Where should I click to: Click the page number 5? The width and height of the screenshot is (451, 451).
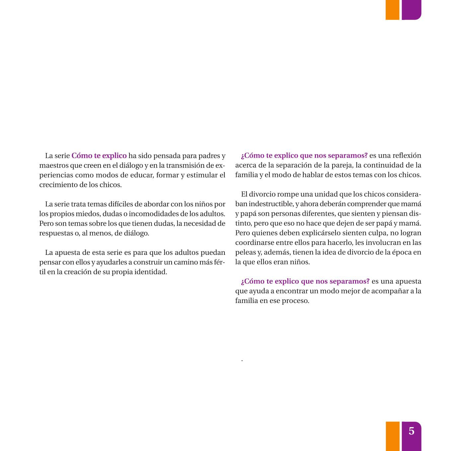coord(412,431)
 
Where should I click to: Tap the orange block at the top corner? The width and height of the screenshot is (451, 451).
coord(392,10)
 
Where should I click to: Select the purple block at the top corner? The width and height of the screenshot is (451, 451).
coord(411,10)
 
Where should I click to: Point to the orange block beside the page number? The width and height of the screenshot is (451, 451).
coord(392,436)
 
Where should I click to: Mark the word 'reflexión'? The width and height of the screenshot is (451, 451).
coord(407,156)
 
